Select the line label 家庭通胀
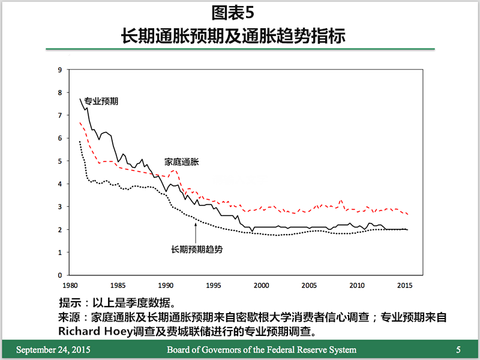(182, 161)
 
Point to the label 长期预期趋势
(197, 249)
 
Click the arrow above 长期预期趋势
(196, 231)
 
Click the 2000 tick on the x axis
(261, 286)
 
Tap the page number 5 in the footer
(458, 350)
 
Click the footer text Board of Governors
(261, 350)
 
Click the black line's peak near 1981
(80, 98)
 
